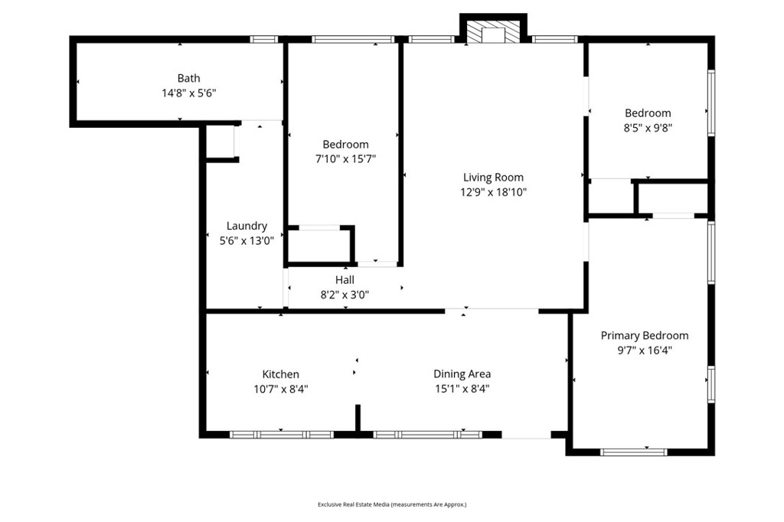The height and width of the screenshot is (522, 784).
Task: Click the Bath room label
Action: [x=189, y=78]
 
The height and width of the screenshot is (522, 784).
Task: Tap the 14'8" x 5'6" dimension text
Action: [x=189, y=93]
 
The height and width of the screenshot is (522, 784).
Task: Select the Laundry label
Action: [x=247, y=226]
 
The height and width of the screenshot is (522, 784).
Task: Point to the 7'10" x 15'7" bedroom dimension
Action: [x=345, y=159]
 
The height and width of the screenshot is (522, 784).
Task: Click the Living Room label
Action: [x=494, y=177]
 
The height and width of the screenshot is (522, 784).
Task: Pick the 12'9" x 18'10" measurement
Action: [x=494, y=192]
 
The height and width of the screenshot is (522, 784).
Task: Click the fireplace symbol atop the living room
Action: [x=493, y=31]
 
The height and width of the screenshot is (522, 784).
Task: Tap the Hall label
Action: [x=345, y=280]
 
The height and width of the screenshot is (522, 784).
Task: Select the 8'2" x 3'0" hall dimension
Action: [x=345, y=295]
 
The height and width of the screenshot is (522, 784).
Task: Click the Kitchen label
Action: [x=281, y=374]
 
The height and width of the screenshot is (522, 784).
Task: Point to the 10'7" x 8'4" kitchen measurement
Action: [x=281, y=389]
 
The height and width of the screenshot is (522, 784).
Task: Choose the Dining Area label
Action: [x=462, y=374]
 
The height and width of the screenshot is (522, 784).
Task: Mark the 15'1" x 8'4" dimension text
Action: [x=462, y=389]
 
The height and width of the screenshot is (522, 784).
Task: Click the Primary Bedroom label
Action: [x=644, y=335]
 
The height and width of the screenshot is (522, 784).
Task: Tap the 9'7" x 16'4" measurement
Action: [x=644, y=351]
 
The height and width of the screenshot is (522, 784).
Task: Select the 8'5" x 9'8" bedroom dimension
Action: [x=648, y=128]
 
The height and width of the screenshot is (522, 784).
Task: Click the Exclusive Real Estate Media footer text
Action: [x=392, y=504]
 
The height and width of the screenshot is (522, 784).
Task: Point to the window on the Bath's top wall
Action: [x=264, y=39]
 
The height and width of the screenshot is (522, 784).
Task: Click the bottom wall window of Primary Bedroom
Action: [x=633, y=452]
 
